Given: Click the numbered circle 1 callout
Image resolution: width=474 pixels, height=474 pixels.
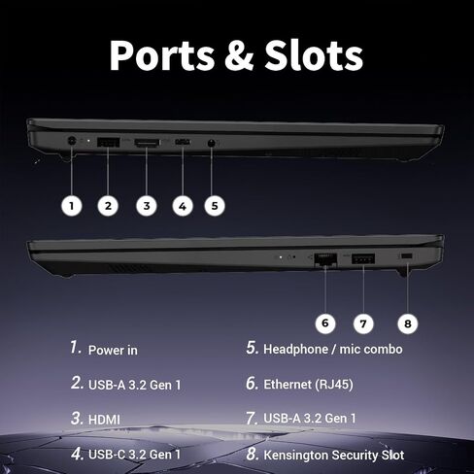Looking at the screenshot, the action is click(72, 206).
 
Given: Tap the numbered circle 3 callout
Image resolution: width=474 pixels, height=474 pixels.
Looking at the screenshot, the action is click(147, 206).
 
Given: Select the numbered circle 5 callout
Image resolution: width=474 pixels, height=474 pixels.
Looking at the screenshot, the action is click(215, 206).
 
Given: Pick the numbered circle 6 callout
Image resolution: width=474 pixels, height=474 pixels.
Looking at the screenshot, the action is click(325, 323).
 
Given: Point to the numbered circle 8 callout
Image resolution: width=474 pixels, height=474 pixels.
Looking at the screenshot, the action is click(408, 323).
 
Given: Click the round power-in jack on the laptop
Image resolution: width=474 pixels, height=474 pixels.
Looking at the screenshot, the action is click(72, 141).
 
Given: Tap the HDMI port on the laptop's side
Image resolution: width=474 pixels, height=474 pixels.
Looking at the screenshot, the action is click(148, 143).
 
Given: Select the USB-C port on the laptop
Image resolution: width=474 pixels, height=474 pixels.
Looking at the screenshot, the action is click(183, 142).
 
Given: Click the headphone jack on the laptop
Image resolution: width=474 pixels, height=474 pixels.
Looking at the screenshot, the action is click(212, 143).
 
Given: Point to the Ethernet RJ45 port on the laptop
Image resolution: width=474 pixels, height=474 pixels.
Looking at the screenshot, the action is click(325, 258).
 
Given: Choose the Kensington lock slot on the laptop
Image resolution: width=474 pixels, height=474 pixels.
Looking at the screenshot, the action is click(407, 256).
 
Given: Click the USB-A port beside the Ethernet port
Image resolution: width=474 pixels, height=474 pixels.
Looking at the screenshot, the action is click(363, 258).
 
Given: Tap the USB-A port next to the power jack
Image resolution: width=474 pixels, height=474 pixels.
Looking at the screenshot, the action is click(108, 142).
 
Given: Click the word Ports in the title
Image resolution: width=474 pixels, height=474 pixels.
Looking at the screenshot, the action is click(162, 55).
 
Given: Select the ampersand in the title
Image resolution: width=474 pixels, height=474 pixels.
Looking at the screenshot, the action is click(240, 55).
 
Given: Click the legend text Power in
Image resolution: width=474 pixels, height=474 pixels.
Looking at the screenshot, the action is click(113, 350).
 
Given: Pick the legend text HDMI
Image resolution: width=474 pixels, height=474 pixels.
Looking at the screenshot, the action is click(104, 420).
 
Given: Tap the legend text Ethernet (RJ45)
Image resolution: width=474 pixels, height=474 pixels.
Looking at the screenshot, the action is click(308, 385).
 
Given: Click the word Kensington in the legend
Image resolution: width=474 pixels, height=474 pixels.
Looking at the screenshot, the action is click(296, 456).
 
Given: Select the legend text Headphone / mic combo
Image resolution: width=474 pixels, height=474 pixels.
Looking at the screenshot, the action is click(333, 349).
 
